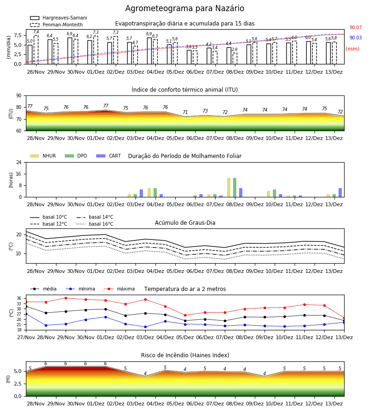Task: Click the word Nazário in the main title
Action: pyautogui.click(x=229, y=8)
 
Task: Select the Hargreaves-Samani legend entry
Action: pyautogui.click(x=58, y=18)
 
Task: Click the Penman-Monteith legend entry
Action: pyautogui.click(x=56, y=25)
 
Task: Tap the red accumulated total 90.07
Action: pyautogui.click(x=355, y=27)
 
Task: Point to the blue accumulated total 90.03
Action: pyautogui.click(x=355, y=38)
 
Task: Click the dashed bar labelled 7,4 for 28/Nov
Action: pyautogui.click(x=36, y=50)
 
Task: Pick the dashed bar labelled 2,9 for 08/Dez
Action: pyautogui.click(x=234, y=58)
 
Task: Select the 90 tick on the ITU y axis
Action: pyautogui.click(x=19, y=96)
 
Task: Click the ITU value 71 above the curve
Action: pyautogui.click(x=185, y=112)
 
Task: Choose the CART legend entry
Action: pyautogui.click(x=108, y=156)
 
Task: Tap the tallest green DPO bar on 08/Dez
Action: pyautogui.click(x=234, y=188)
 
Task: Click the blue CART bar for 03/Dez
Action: pyautogui.click(x=141, y=193)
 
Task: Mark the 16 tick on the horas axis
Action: pyautogui.click(x=19, y=174)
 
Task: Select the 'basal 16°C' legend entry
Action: pyautogui.click(x=95, y=224)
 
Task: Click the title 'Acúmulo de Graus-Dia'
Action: pyautogui.click(x=185, y=222)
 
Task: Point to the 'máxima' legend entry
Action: pyautogui.click(x=119, y=289)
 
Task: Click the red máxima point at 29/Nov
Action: pyautogui.click(x=66, y=298)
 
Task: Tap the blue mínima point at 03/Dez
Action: pyautogui.click(x=145, y=327)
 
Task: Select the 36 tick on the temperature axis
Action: pyautogui.click(x=19, y=298)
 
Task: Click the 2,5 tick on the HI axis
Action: pyautogui.click(x=18, y=384)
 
